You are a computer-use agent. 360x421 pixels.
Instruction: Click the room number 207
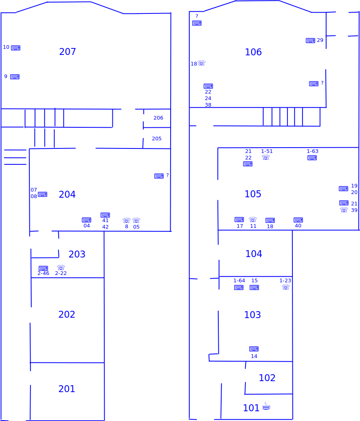(x=68, y=52)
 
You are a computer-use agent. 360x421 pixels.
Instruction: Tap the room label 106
(x=253, y=52)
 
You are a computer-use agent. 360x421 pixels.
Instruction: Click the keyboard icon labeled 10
(x=15, y=48)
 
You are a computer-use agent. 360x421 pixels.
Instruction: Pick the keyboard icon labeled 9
(x=15, y=77)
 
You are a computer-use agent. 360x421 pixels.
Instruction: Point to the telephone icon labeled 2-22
(x=61, y=268)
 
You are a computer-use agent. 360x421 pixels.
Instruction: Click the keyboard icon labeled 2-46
(x=43, y=268)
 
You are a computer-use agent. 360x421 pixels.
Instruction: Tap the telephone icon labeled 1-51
(x=266, y=157)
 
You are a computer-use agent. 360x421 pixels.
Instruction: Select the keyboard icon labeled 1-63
(x=312, y=157)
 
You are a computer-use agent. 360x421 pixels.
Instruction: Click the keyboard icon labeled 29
(x=311, y=41)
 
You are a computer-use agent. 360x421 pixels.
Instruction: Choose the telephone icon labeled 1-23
(x=286, y=287)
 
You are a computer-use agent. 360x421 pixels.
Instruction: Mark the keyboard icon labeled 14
(x=254, y=349)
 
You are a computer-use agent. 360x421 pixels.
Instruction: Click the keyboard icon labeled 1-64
(x=239, y=288)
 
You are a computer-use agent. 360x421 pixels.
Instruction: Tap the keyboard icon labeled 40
(x=298, y=220)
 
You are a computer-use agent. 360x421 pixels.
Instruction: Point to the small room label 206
(x=158, y=118)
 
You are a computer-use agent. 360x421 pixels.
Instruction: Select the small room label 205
(x=157, y=139)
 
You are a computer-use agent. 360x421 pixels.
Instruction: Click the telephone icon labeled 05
(x=136, y=220)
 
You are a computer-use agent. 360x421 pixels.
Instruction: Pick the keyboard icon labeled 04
(x=87, y=220)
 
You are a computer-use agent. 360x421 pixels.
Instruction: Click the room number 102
(x=267, y=378)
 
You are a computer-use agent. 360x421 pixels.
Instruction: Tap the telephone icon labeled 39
(x=344, y=210)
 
